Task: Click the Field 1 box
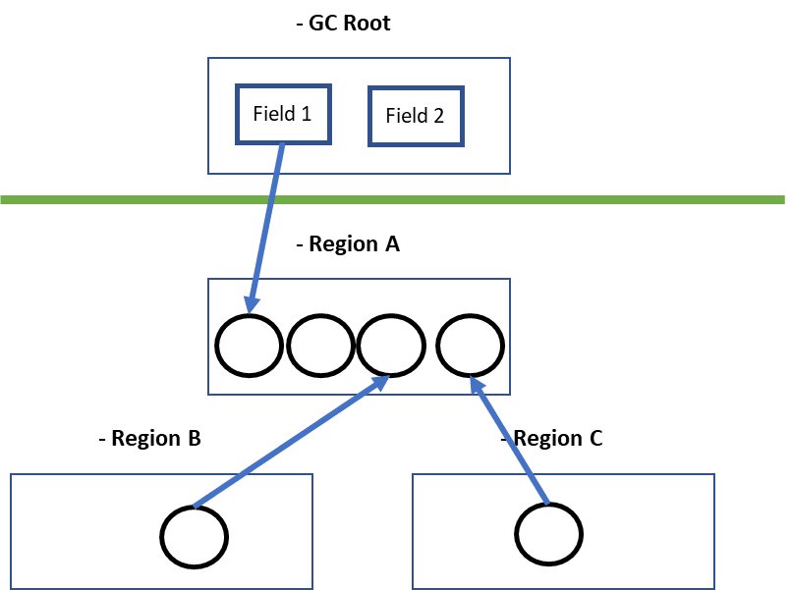click(282, 113)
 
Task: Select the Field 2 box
click(415, 116)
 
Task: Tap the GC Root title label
click(345, 23)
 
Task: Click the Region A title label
click(349, 243)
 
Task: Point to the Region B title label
click(151, 438)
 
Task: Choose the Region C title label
click(552, 438)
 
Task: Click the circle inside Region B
click(195, 537)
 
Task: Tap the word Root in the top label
click(367, 23)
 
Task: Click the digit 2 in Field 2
click(438, 116)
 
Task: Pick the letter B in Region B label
click(194, 438)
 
